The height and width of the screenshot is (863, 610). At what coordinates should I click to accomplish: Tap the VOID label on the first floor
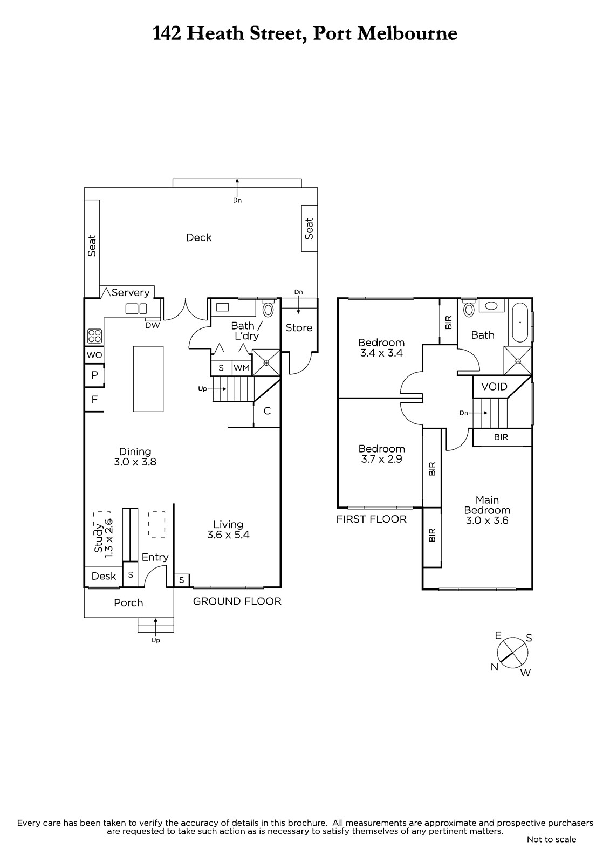coord(495,386)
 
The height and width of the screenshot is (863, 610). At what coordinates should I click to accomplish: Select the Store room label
coord(299,327)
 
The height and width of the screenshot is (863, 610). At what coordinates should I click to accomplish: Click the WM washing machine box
coord(242,368)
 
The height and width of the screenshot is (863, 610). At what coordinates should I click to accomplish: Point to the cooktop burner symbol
coord(95,335)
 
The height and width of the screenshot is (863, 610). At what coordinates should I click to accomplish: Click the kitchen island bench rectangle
coord(148,379)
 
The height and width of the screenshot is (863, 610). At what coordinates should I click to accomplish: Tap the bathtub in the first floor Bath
coord(520,323)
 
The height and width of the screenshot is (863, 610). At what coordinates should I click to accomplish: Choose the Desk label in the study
coord(104,576)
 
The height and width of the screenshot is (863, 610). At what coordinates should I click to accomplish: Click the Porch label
coord(128,602)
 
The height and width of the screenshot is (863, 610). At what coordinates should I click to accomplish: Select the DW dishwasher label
coord(152,326)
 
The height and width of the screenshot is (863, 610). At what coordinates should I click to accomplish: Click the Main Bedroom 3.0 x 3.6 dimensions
coord(487,520)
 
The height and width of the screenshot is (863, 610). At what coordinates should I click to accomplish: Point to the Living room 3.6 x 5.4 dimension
coord(228,535)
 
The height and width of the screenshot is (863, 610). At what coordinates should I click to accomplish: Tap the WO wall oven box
coord(94,355)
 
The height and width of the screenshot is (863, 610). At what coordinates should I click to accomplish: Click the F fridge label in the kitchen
coord(94,400)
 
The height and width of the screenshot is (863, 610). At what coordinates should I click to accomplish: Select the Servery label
coord(130,292)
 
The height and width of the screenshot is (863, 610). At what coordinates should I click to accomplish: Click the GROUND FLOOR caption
coord(237,601)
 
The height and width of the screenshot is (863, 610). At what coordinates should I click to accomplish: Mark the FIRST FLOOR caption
coord(372,519)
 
